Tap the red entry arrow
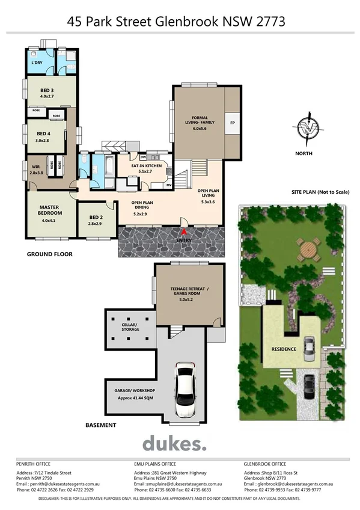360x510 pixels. (x=184, y=232)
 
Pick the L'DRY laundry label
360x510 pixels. (x=35, y=63)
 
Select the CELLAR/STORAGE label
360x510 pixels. (x=129, y=327)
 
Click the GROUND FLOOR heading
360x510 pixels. (x=49, y=254)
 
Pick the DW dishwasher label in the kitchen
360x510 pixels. (x=143, y=157)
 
